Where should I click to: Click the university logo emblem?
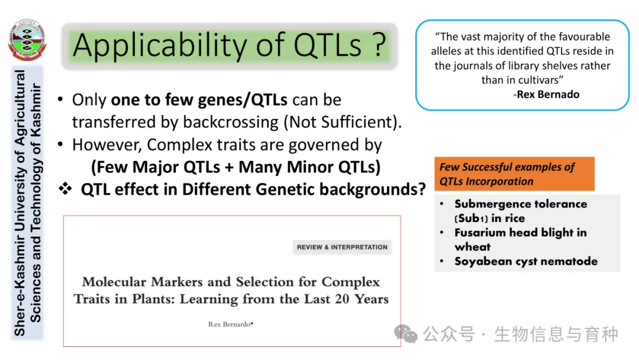[x=27, y=40]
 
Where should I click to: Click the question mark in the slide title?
[x=379, y=44]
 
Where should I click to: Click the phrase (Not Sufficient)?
[x=343, y=122]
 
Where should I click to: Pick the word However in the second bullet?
[x=108, y=145]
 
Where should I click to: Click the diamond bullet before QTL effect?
[x=65, y=188]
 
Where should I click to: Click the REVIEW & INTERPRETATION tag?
[x=342, y=247]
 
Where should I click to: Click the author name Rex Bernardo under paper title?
[x=231, y=324]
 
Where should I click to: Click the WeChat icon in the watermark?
[x=405, y=334]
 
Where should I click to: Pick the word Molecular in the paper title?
[x=114, y=282]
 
